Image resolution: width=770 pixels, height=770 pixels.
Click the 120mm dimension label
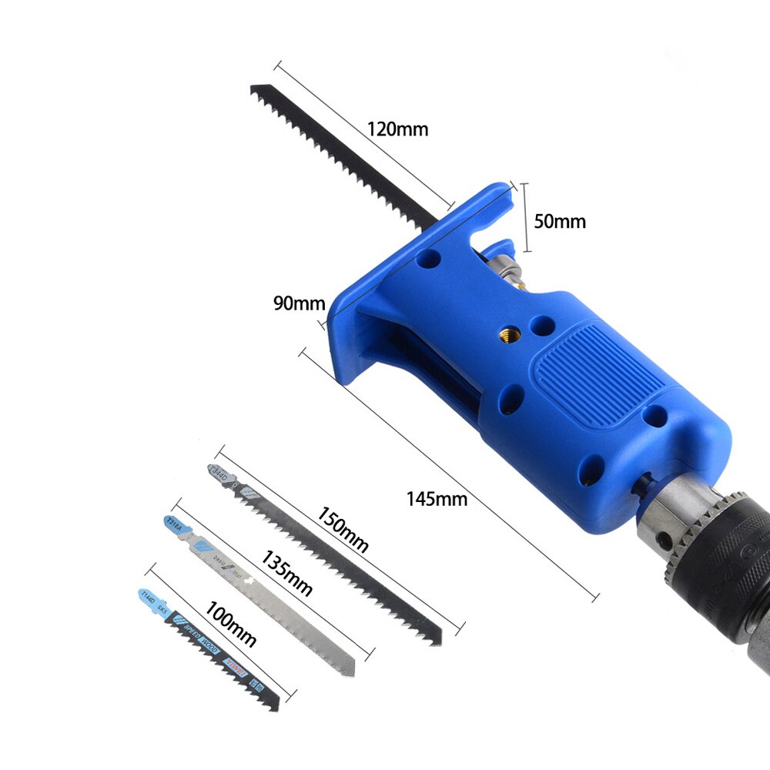point(397,129)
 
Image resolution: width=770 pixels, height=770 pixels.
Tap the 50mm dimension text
point(560,222)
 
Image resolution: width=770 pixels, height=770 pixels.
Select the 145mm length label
point(437,498)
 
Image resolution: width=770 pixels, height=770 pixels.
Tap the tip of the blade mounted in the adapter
point(255,91)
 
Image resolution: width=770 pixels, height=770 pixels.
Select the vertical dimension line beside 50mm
point(527,218)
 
